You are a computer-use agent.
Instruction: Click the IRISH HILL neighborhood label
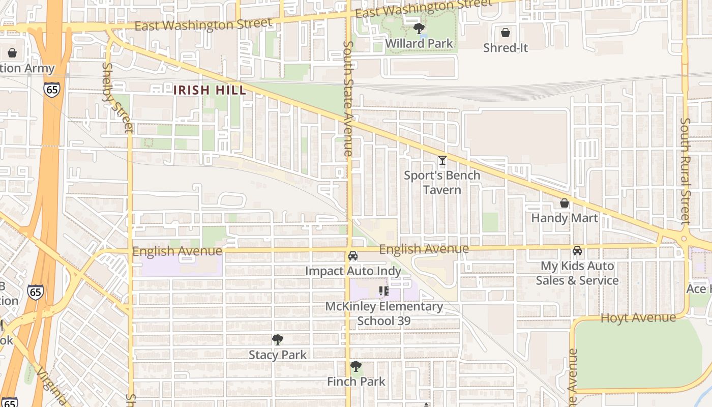point(210,91)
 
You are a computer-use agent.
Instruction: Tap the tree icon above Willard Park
point(419,28)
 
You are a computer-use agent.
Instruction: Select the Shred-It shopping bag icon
point(506,33)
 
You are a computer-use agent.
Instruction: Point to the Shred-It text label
point(506,48)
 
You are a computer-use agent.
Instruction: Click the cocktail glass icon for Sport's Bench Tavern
point(442,161)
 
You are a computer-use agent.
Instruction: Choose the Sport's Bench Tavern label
point(442,183)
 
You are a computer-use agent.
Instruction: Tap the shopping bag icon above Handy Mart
point(564,203)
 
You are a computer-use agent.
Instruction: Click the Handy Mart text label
point(565,218)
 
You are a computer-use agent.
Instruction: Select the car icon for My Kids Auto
point(577,251)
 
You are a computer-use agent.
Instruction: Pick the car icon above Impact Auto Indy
point(353,256)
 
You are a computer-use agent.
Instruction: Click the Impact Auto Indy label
point(353,271)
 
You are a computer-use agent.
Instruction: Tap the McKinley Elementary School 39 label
point(384,313)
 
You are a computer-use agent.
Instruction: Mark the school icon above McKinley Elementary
point(384,291)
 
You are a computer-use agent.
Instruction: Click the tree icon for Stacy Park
point(278,339)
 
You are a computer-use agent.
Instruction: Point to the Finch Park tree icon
point(356,366)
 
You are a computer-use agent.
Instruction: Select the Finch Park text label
point(356,381)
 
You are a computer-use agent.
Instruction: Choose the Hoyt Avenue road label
point(638,318)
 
